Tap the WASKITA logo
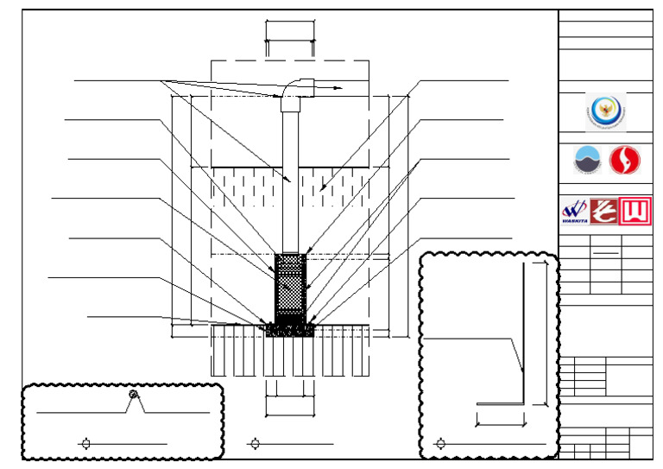(574, 211)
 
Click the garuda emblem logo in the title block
(605, 111)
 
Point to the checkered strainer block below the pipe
(290, 286)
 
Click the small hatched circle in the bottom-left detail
(133, 395)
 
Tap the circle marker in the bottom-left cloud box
(85, 444)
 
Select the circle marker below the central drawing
(255, 444)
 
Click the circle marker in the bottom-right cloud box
(441, 444)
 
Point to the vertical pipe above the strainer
(290, 181)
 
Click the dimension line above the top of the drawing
(290, 39)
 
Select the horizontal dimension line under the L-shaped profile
(501, 424)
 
